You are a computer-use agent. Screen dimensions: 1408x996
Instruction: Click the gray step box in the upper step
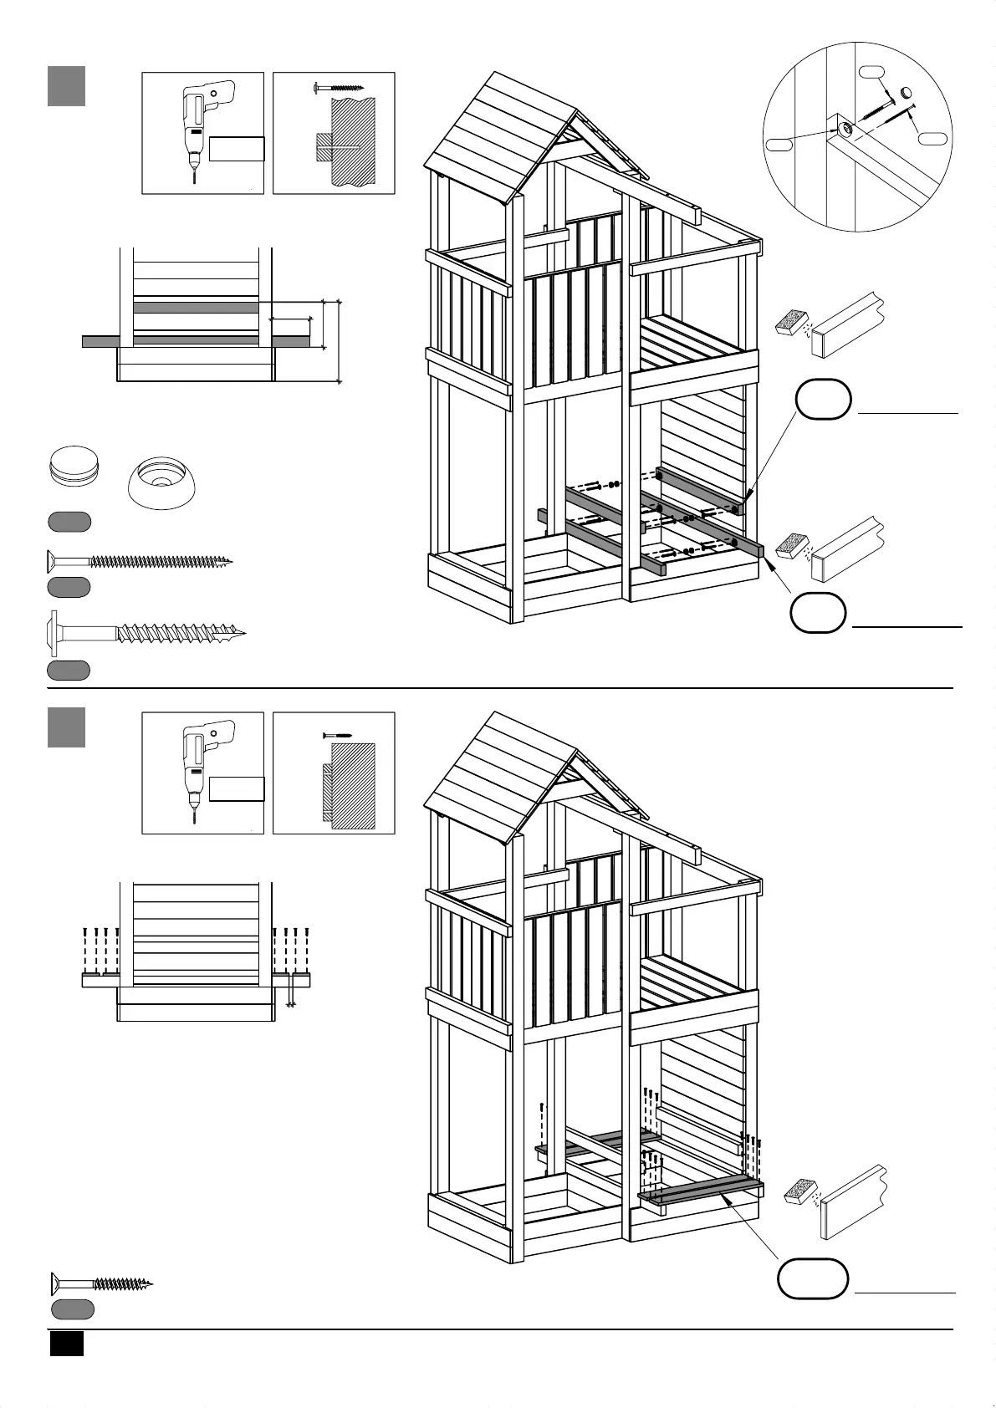(x=66, y=87)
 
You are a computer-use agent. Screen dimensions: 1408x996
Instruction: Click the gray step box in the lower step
(x=66, y=727)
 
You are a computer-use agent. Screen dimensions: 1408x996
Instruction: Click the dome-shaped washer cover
(x=162, y=482)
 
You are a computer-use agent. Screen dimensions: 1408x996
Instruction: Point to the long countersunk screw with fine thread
(x=138, y=561)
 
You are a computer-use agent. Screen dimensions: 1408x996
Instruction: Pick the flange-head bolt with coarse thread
(x=146, y=634)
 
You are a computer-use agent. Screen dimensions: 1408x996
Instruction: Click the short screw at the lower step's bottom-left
(x=101, y=1283)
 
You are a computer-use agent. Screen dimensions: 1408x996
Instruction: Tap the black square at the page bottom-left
(x=66, y=1344)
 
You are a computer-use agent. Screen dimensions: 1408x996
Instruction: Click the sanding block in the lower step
(x=800, y=1191)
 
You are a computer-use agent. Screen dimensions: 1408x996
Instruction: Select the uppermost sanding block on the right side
(x=792, y=322)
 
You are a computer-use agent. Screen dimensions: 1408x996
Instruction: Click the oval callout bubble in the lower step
(x=813, y=1278)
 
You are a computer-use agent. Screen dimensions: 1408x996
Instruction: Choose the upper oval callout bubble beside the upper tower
(x=823, y=400)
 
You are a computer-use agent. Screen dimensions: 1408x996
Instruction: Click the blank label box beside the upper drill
(x=237, y=149)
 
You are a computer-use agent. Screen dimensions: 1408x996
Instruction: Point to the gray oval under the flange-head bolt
(x=68, y=670)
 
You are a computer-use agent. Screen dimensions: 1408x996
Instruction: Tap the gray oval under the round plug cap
(x=69, y=523)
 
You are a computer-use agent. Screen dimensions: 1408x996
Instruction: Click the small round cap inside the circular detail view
(x=906, y=92)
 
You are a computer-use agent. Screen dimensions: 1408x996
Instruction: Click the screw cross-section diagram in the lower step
(x=334, y=773)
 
